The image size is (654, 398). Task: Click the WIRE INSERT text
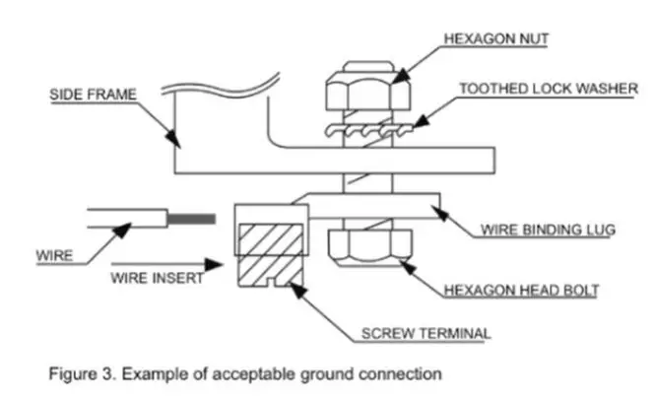(x=157, y=278)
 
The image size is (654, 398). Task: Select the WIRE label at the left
(x=54, y=256)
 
